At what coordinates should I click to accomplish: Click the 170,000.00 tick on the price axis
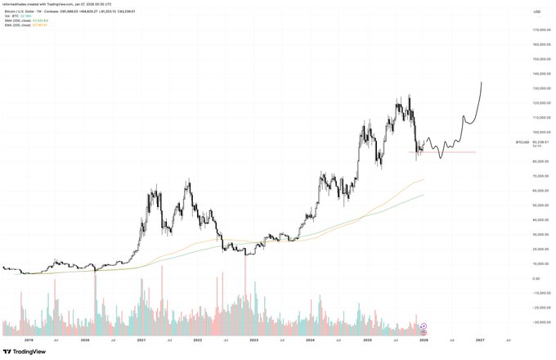click(536, 30)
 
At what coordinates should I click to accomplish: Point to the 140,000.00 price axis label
click(536, 74)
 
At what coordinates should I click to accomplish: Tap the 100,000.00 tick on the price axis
click(536, 132)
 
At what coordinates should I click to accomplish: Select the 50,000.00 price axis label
click(536, 205)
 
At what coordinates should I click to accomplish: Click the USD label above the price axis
click(537, 12)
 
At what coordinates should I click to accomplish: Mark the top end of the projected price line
click(481, 82)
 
